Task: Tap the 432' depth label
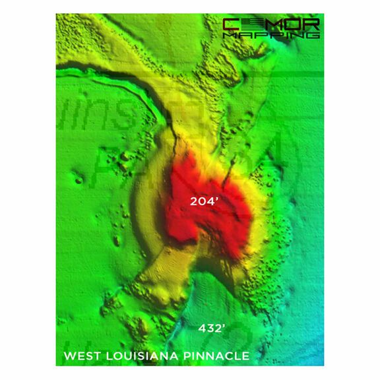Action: point(213,328)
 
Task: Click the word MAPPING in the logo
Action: point(270,36)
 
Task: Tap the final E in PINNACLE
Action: point(245,356)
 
